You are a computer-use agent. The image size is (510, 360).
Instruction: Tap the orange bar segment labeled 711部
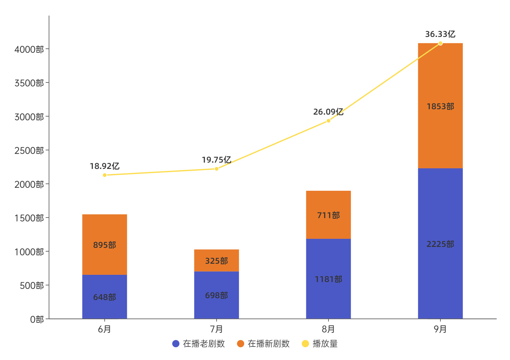pos(328,215)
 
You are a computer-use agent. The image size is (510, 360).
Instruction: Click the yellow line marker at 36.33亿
pos(440,43)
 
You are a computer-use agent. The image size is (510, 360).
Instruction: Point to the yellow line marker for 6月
pos(104,175)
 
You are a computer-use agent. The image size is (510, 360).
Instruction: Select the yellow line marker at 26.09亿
pos(328,121)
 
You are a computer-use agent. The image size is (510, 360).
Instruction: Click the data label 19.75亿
pos(216,160)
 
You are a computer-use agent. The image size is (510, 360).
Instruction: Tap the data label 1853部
pos(440,106)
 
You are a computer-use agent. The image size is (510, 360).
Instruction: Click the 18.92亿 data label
pos(104,166)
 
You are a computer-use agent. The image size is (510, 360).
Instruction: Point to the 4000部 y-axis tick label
pos(29,49)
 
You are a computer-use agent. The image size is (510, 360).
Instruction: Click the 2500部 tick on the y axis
pos(29,150)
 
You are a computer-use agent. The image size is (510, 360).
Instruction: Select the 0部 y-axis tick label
pos(37,319)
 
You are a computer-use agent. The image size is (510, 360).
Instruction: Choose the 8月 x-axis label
pos(328,329)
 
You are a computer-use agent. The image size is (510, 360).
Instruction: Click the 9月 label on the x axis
pos(440,329)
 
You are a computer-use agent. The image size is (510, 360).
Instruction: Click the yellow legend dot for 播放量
pos(305,343)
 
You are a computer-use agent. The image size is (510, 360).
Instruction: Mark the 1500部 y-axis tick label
pos(29,218)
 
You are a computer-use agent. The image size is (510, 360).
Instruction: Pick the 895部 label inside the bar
pos(104,245)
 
